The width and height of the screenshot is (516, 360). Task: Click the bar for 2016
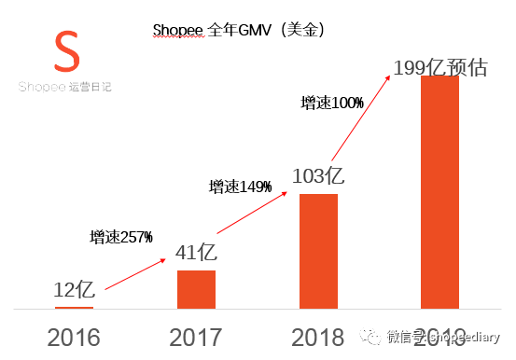tap(74, 307)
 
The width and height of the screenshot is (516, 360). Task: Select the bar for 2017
tap(196, 289)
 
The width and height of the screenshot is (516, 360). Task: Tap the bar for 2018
tap(318, 251)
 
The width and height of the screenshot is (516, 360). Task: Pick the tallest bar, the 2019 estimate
tap(439, 191)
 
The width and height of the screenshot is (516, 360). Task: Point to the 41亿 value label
tap(197, 253)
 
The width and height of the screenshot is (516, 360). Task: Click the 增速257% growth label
tap(121, 237)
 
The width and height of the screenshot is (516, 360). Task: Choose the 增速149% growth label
tap(240, 187)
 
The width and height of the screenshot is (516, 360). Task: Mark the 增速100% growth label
tap(332, 104)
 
